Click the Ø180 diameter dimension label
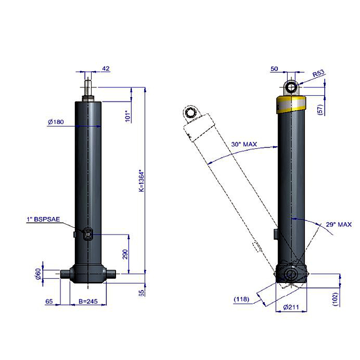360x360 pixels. click(56, 122)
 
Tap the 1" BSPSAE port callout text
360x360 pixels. click(44, 219)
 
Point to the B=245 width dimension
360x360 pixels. click(88, 301)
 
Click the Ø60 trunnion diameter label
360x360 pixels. click(39, 274)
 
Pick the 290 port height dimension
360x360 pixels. click(125, 254)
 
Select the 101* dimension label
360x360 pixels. click(128, 116)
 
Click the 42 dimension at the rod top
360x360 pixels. click(106, 68)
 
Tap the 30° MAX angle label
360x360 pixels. click(244, 144)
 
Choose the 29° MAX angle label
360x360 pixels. click(339, 224)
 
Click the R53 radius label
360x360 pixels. click(319, 73)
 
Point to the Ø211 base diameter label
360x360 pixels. click(291, 307)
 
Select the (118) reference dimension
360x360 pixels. click(241, 299)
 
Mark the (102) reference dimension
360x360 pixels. click(336, 299)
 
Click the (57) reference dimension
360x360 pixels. click(321, 109)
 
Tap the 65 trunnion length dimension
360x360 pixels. click(49, 301)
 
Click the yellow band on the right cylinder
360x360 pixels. click(291, 105)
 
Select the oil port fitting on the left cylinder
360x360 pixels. click(88, 234)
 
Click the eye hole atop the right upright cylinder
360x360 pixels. click(292, 87)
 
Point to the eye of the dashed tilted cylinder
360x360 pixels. click(190, 113)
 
